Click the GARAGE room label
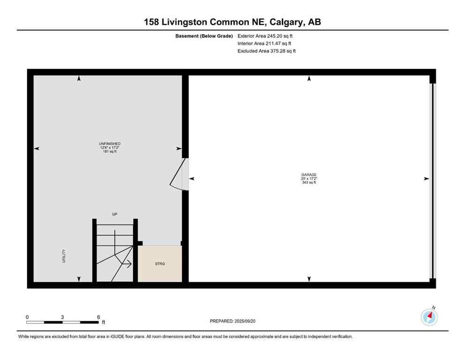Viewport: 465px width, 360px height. coord(309,174)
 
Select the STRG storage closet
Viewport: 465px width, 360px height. coord(160,264)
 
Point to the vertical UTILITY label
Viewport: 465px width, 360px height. coord(64,255)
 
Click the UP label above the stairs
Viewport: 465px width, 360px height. coord(114,214)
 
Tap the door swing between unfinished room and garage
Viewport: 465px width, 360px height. coord(179,173)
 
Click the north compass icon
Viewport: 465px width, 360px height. coord(429,317)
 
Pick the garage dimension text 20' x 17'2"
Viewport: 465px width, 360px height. coord(309,179)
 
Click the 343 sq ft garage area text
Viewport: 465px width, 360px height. coord(309,182)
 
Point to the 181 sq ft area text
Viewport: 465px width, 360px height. coord(106,151)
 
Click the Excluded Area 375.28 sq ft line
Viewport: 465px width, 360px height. coord(266,51)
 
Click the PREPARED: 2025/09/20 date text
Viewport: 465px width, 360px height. coord(233,321)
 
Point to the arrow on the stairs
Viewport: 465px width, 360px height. coord(126,264)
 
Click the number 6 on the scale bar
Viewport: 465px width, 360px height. coord(98,317)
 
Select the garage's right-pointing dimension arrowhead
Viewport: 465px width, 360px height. coord(426,179)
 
